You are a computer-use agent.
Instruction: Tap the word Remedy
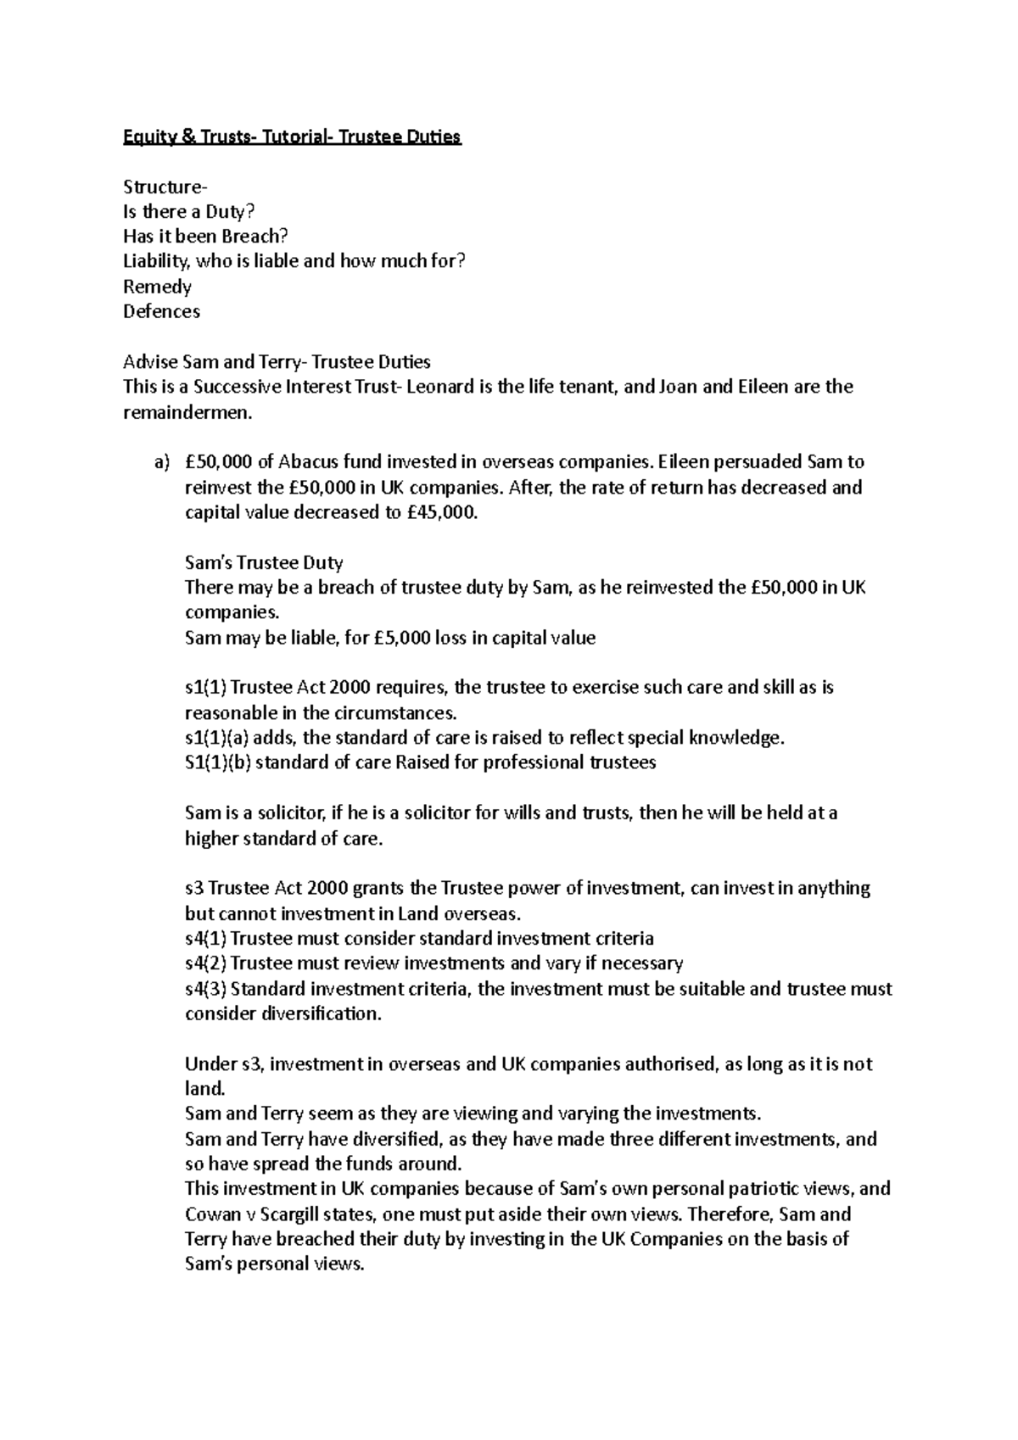tap(157, 287)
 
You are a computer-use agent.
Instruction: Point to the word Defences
tap(161, 311)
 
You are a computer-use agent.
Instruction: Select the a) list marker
tap(161, 462)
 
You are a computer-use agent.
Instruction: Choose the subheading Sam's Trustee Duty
tap(264, 562)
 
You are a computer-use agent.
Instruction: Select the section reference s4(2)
tap(205, 963)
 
